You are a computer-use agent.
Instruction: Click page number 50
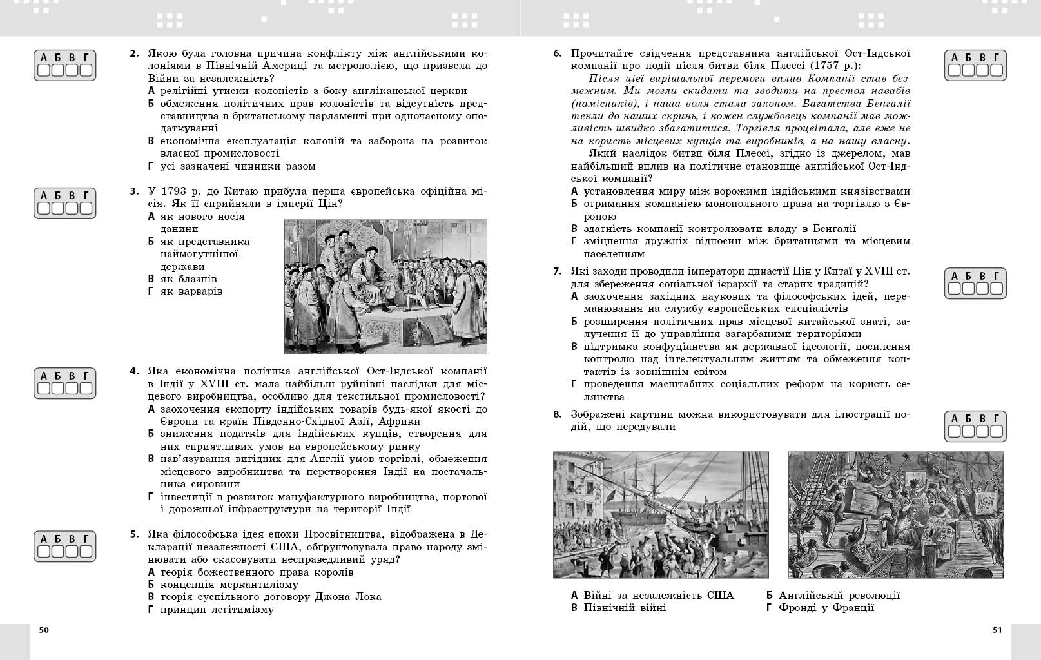pyautogui.click(x=43, y=630)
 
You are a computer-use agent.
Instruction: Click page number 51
pyautogui.click(x=997, y=630)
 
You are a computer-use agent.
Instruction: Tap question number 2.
pyautogui.click(x=134, y=53)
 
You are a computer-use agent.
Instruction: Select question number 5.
pyautogui.click(x=134, y=534)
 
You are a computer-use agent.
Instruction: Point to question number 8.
pyautogui.click(x=558, y=414)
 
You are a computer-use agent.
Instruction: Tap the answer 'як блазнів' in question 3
pyautogui.click(x=188, y=279)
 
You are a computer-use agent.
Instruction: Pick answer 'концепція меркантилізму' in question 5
pyautogui.click(x=229, y=585)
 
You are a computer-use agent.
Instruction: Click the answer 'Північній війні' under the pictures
pyautogui.click(x=625, y=608)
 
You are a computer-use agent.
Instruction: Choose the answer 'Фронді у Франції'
pyautogui.click(x=826, y=608)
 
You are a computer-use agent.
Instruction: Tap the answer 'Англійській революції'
pyautogui.click(x=839, y=596)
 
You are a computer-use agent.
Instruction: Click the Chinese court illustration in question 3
pyautogui.click(x=385, y=287)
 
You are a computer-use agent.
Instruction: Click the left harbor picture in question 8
pyautogui.click(x=661, y=514)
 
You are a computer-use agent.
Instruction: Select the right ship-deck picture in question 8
pyautogui.click(x=896, y=514)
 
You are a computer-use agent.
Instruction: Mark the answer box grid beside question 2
pyautogui.click(x=64, y=65)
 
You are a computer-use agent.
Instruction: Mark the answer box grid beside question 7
pyautogui.click(x=975, y=284)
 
